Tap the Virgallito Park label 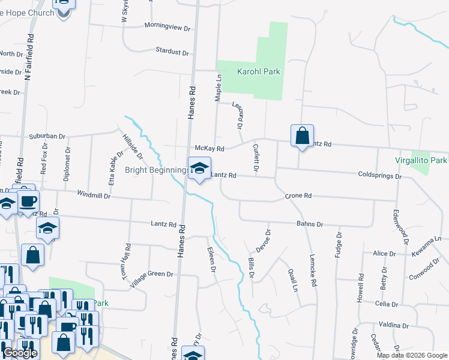pyautogui.click(x=421, y=161)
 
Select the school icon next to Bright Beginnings pyautogui.click(x=200, y=169)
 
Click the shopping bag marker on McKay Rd pyautogui.click(x=302, y=136)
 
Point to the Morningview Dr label pyautogui.click(x=167, y=27)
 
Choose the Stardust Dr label pyautogui.click(x=172, y=52)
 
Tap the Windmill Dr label pyautogui.click(x=94, y=195)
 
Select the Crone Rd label pyautogui.click(x=298, y=196)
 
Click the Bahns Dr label pyautogui.click(x=310, y=224)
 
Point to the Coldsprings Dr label pyautogui.click(x=379, y=176)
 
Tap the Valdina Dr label pyautogui.click(x=394, y=325)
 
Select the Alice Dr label pyautogui.click(x=384, y=254)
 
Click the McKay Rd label pyautogui.click(x=209, y=149)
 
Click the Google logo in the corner pyautogui.click(x=19, y=353)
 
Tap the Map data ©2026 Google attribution pyautogui.click(x=412, y=355)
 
